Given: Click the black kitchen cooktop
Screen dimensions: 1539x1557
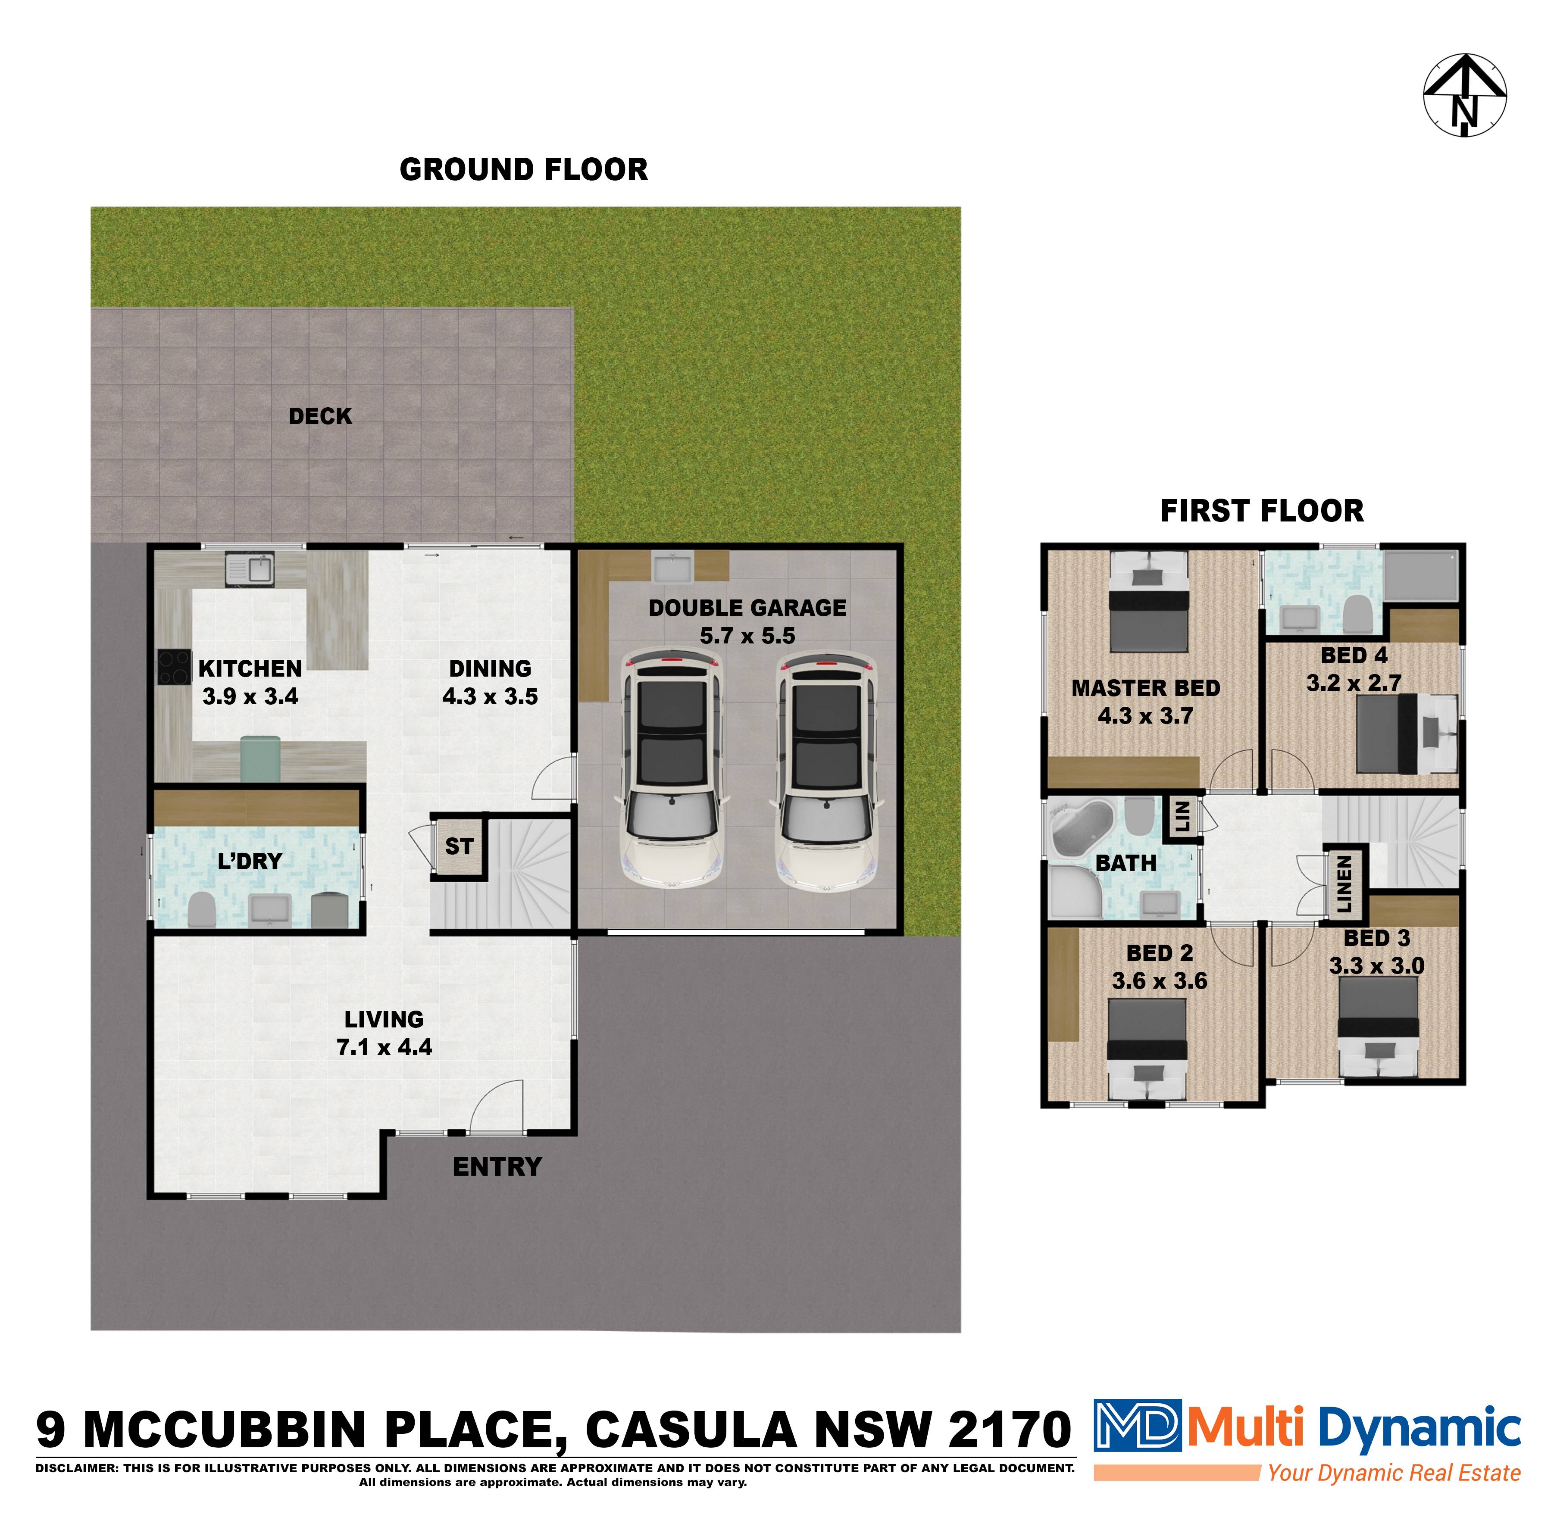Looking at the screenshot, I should [x=174, y=667].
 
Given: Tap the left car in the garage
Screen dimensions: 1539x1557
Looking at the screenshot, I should [x=670, y=770].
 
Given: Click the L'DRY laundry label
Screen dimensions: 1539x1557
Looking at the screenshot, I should [x=250, y=862].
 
